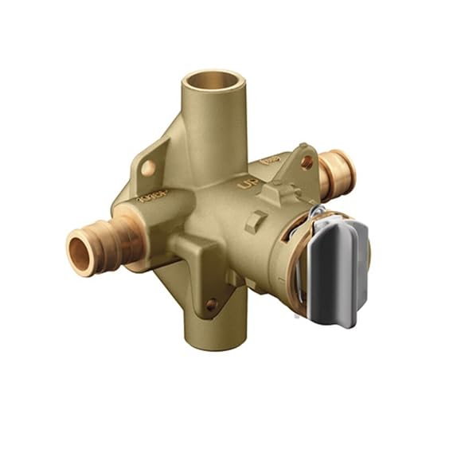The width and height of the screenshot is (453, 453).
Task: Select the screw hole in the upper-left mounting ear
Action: pyautogui.click(x=148, y=167)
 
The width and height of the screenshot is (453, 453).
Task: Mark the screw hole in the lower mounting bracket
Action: pyautogui.click(x=210, y=303)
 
